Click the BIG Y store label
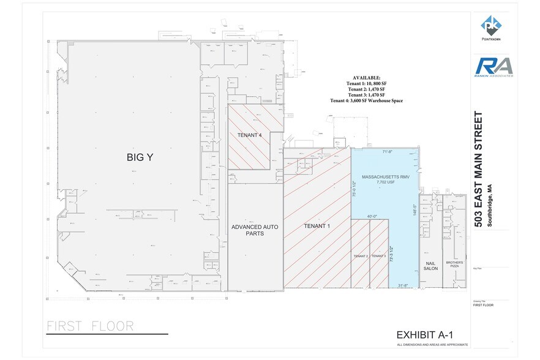click(140, 157)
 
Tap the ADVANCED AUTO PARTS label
click(255, 231)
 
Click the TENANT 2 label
click(360, 256)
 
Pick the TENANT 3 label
click(378, 256)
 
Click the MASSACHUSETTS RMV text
click(385, 177)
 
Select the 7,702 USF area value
click(385, 182)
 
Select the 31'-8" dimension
click(402, 285)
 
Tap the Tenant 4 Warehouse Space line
click(366, 101)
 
